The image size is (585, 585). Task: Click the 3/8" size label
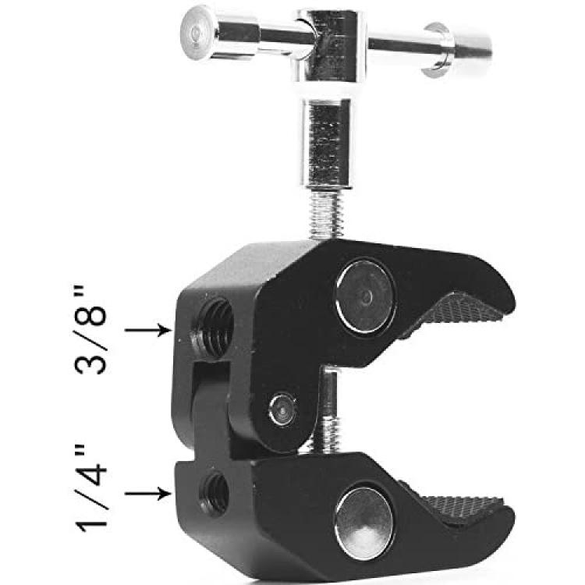(90, 330)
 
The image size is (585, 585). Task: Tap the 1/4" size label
(91, 487)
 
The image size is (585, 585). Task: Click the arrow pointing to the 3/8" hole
(147, 330)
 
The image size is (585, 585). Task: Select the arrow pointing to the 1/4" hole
(147, 493)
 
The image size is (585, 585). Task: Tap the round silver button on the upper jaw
(365, 296)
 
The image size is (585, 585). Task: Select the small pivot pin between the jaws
(283, 409)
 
